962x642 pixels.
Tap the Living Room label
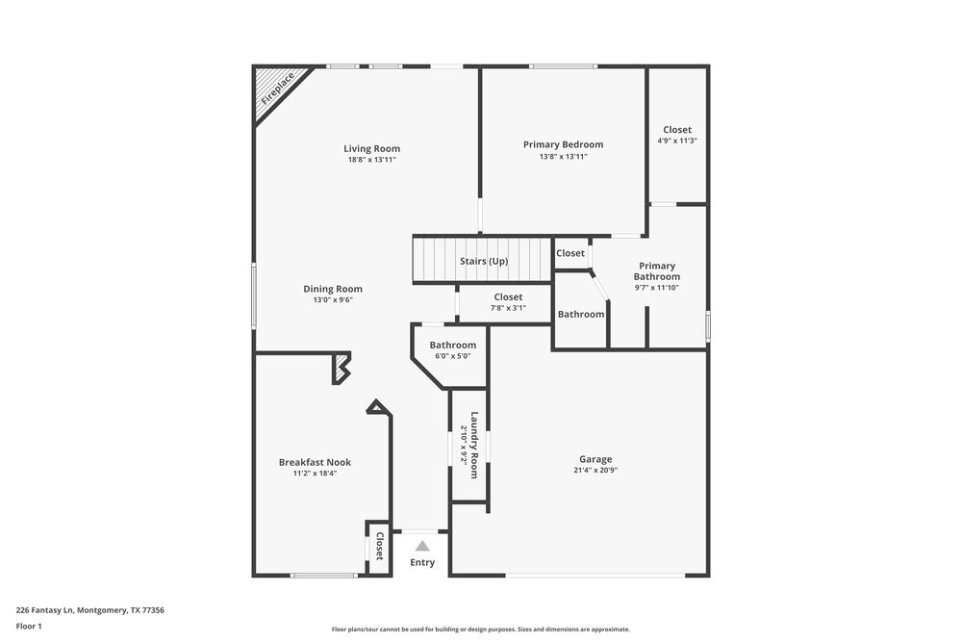[x=371, y=148]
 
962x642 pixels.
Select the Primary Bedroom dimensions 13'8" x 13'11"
[x=563, y=156]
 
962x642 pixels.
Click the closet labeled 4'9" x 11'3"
[x=677, y=135]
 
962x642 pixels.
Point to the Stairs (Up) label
[x=484, y=262]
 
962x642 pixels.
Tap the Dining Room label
[x=333, y=289]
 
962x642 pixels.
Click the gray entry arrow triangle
[x=422, y=546]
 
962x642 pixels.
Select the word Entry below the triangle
[x=422, y=563]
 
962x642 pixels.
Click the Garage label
[x=595, y=459]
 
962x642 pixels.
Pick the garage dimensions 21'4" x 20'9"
[x=595, y=471]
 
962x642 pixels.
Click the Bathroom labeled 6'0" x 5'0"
[x=452, y=349]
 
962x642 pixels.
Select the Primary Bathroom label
[x=657, y=271]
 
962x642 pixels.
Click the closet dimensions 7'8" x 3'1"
[x=508, y=308]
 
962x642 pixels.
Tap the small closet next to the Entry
[x=379, y=547]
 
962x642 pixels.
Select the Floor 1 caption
[x=29, y=626]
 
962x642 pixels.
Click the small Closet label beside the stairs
[x=570, y=253]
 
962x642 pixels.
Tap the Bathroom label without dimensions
[x=581, y=314]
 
